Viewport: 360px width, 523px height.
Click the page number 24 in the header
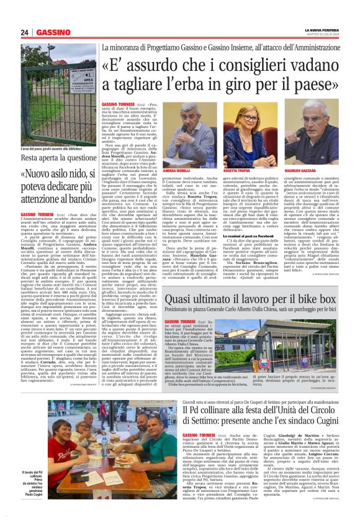25,32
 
